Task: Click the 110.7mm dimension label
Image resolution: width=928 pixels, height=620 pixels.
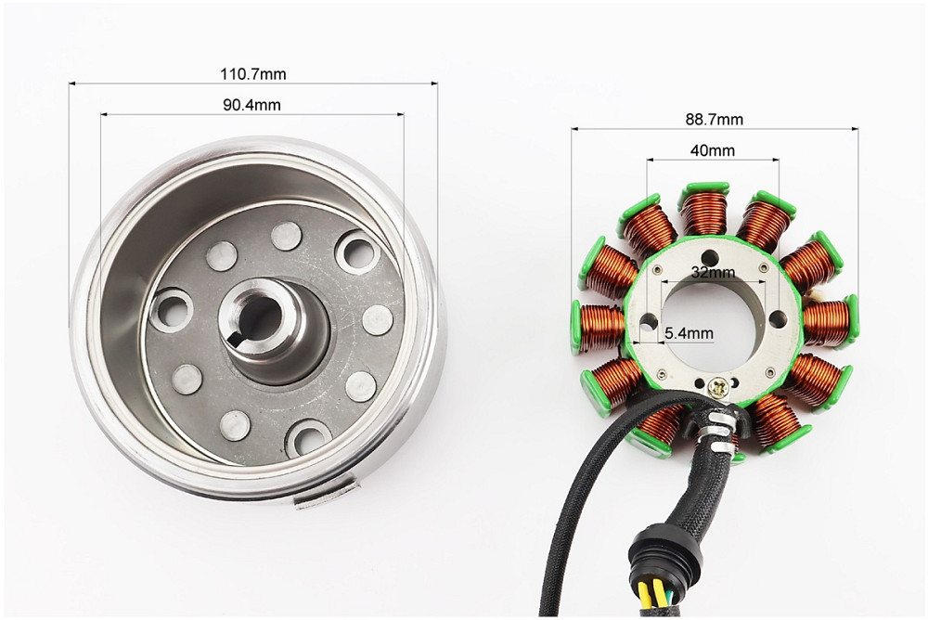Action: click(x=252, y=74)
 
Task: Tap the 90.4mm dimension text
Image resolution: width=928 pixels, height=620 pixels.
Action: click(x=251, y=105)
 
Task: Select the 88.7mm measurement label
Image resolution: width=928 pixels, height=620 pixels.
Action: click(x=715, y=120)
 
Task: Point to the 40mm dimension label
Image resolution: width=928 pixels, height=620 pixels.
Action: click(x=713, y=150)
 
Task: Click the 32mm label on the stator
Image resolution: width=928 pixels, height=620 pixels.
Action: click(x=713, y=272)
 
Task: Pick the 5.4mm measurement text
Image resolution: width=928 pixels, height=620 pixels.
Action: click(x=689, y=333)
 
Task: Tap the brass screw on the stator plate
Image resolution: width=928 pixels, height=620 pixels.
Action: click(x=717, y=388)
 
